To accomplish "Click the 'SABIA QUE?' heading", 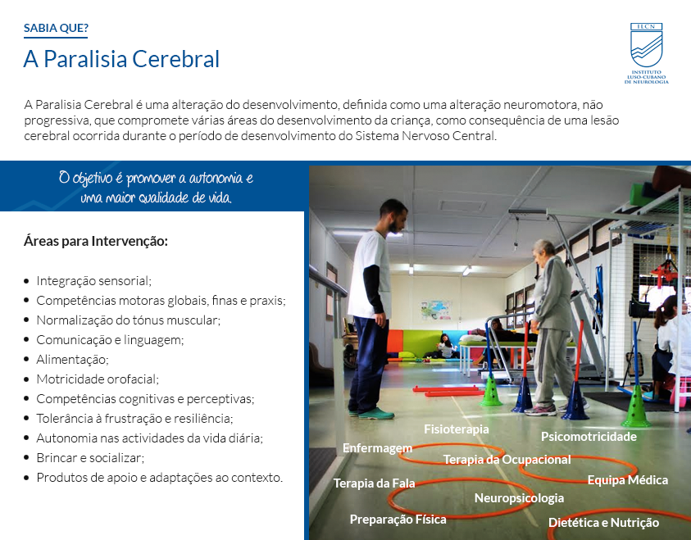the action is coord(56,28).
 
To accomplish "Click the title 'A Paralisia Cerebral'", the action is coord(121,59).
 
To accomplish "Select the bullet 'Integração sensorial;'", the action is coord(94,280).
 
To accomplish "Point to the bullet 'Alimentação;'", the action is coord(72,360).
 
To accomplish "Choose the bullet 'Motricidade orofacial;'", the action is coord(98,379).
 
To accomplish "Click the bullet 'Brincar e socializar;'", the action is coord(90,457).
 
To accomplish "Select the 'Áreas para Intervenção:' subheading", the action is coord(96,242).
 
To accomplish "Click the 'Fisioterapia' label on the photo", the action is coord(456,429).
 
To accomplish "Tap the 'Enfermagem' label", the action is coord(377,448).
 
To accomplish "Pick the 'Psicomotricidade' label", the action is coord(589,437).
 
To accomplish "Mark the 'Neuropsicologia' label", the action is coord(519,498).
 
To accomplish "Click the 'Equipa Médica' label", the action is coord(628,480).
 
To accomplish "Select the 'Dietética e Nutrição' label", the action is coord(604,523).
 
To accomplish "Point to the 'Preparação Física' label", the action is coord(398,520).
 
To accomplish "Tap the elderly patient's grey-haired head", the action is coord(543,251).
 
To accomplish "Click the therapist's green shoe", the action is coord(375,414).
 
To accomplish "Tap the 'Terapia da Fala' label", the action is coord(374,483).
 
